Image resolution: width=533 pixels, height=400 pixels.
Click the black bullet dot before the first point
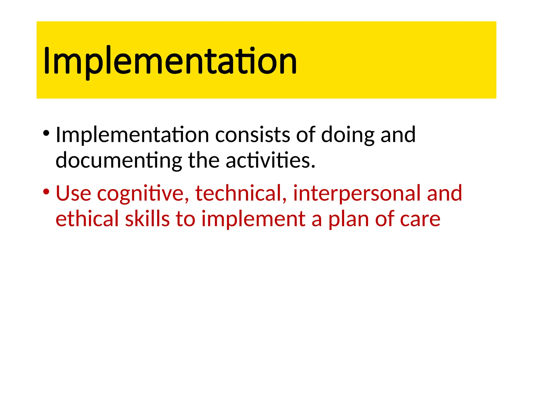[x=46, y=133]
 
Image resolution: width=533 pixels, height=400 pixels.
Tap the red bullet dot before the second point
[x=46, y=192]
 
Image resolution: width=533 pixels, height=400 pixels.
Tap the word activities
[x=270, y=160]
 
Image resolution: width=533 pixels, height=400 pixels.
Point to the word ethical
[x=87, y=219]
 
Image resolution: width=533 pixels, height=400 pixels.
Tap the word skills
[x=147, y=219]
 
